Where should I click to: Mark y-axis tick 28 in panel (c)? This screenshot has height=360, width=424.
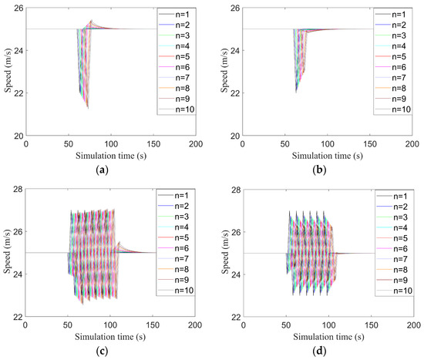click(18, 188)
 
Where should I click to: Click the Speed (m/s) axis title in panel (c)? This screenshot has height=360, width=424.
click(7, 252)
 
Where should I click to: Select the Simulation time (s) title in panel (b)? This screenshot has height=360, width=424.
click(329, 154)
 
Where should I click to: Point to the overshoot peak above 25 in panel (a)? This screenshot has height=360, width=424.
click(91, 21)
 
